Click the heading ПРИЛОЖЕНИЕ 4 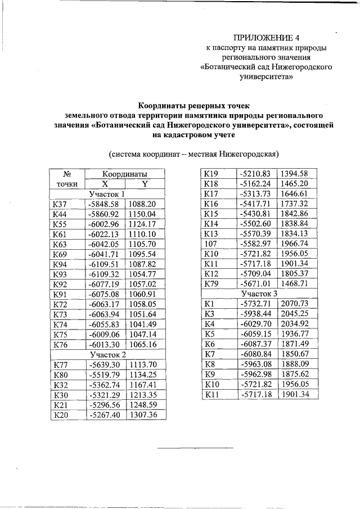(266, 38)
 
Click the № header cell (67, 174)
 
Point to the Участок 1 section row (107, 194)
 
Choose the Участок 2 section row (107, 354)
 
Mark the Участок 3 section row (259, 294)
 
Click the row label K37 (60, 204)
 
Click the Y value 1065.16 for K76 (145, 344)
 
